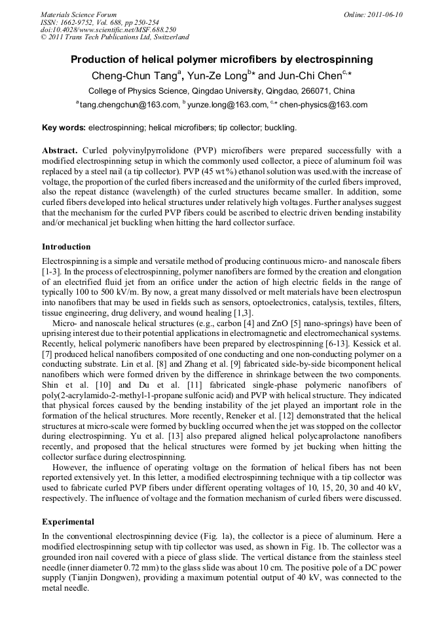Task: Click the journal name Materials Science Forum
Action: click(x=79, y=14)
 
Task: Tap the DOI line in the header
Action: click(x=108, y=29)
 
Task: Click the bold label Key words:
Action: click(x=64, y=127)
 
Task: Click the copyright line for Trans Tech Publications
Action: click(x=115, y=37)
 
